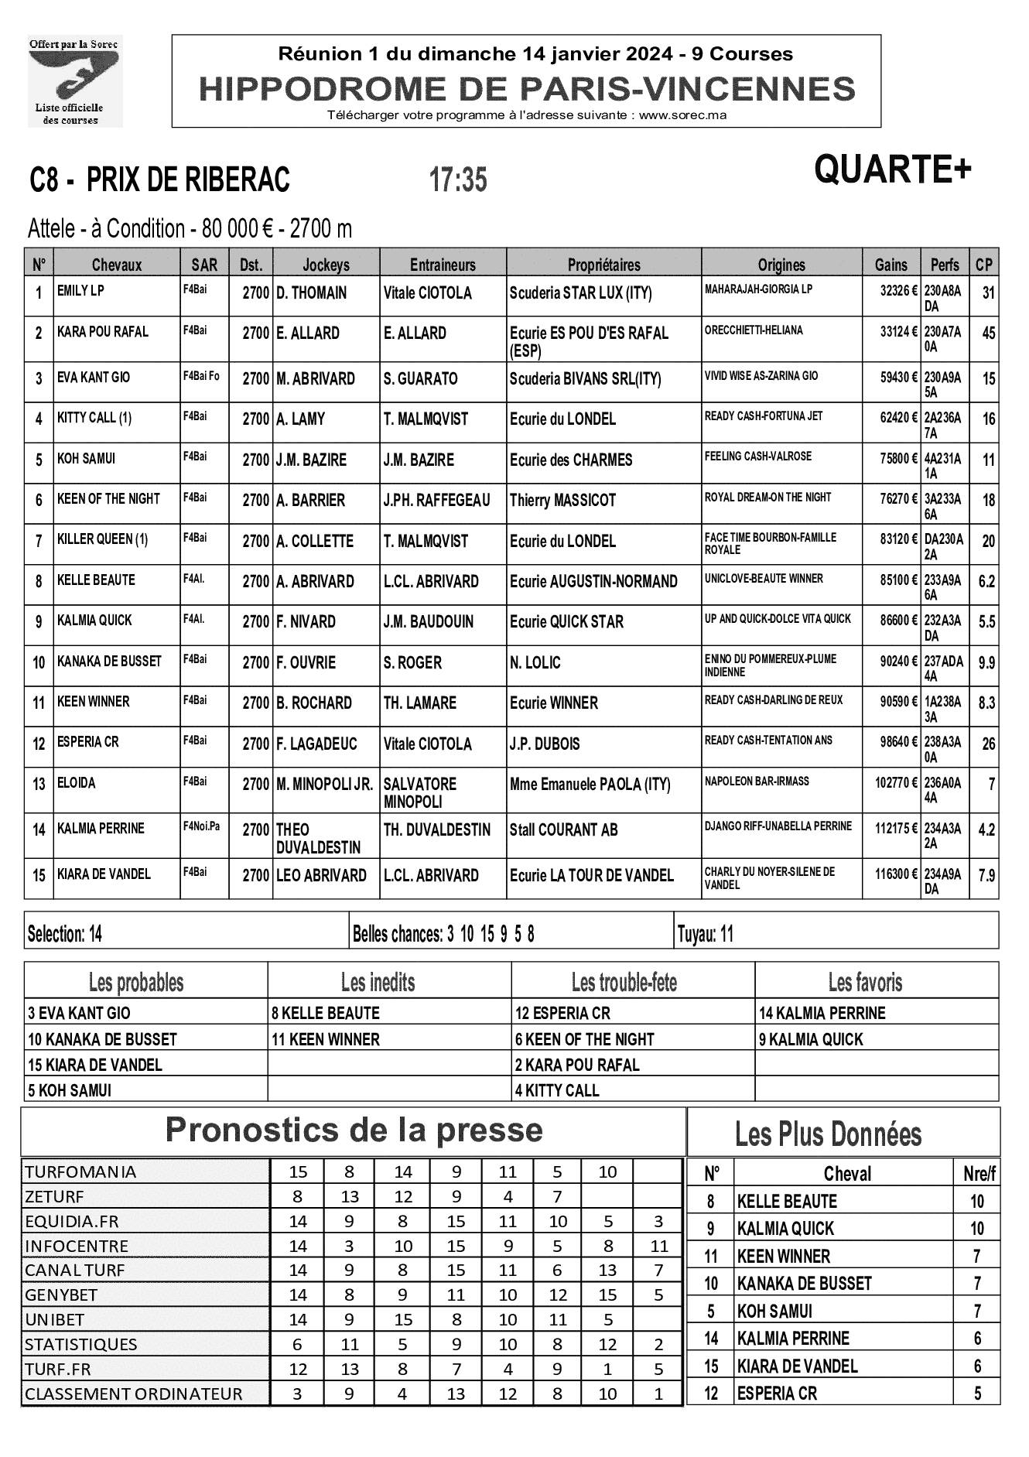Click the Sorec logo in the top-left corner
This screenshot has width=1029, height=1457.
(x=74, y=80)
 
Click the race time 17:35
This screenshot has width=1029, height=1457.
(x=458, y=180)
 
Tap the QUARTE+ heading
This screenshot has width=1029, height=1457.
(x=891, y=169)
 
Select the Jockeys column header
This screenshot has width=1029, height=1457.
(x=326, y=265)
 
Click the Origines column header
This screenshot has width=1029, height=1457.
(x=781, y=265)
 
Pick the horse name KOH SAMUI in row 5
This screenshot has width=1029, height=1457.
(x=86, y=459)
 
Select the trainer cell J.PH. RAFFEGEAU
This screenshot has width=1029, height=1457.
(x=437, y=501)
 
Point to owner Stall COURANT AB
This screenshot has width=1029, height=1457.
(x=563, y=830)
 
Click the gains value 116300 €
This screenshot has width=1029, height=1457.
(x=892, y=875)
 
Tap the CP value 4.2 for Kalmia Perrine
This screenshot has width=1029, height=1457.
(x=986, y=830)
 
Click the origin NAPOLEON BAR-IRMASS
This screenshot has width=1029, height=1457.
(x=757, y=782)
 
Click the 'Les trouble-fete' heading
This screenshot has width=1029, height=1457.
(x=624, y=983)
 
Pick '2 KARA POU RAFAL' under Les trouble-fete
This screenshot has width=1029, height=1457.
(x=577, y=1065)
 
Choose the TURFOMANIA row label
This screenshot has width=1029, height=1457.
(x=80, y=1171)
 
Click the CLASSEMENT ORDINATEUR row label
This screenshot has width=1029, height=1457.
(x=134, y=1394)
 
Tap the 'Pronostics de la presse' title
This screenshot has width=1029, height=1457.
(x=354, y=1130)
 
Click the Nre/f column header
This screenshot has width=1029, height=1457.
(x=979, y=1174)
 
